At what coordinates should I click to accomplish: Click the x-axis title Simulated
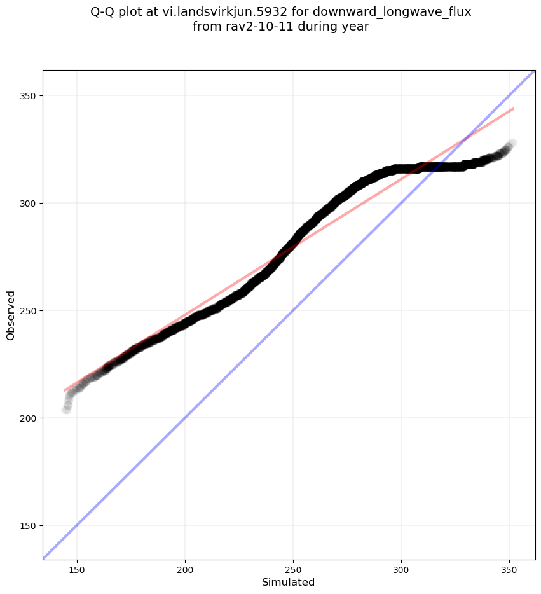[x=289, y=582]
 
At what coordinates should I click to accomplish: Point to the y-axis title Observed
[x=11, y=315]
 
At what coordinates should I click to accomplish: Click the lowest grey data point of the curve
[x=66, y=410]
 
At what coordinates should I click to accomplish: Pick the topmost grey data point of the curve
[x=512, y=143]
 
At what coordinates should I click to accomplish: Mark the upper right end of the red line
[x=513, y=109]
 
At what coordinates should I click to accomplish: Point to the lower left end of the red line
[x=64, y=390]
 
